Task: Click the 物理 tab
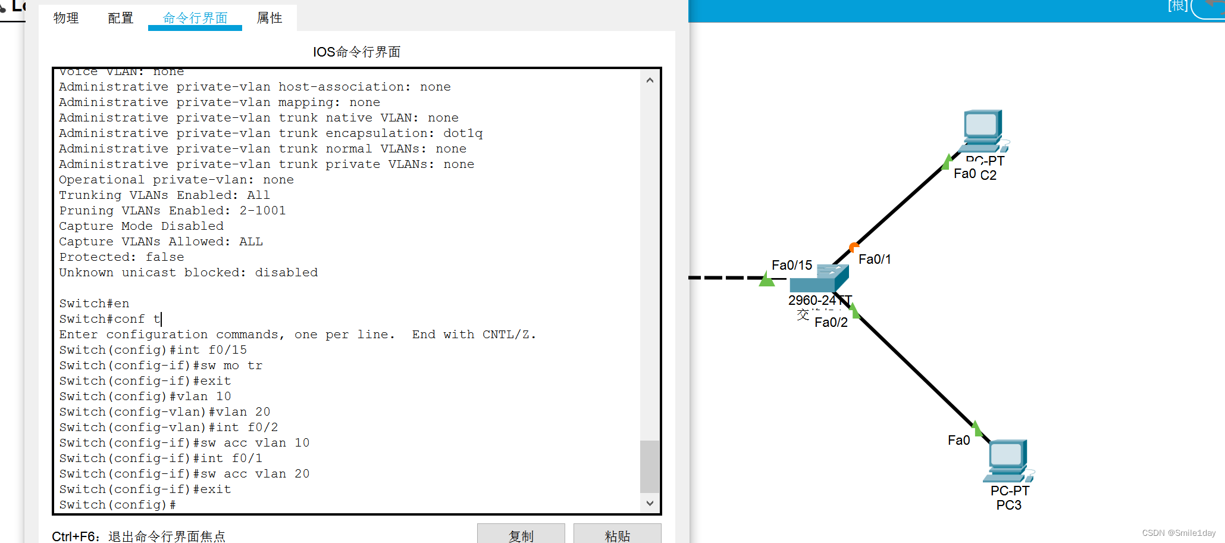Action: (66, 18)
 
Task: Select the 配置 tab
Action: (120, 18)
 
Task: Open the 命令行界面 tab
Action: (195, 18)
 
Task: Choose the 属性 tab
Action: (270, 18)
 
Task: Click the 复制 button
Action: (521, 535)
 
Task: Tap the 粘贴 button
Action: (617, 535)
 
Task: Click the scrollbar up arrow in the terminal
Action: (650, 80)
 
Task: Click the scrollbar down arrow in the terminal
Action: (650, 503)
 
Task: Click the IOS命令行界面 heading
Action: (356, 52)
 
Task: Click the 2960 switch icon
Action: (819, 279)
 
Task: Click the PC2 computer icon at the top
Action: (982, 131)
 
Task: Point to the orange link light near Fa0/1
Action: (854, 246)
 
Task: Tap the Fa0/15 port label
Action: (791, 265)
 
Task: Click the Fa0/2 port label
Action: (831, 322)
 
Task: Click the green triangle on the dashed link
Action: (766, 279)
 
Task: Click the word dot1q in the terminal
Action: (463, 133)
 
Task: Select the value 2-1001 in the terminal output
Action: (262, 211)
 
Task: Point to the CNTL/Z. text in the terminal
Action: (509, 335)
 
